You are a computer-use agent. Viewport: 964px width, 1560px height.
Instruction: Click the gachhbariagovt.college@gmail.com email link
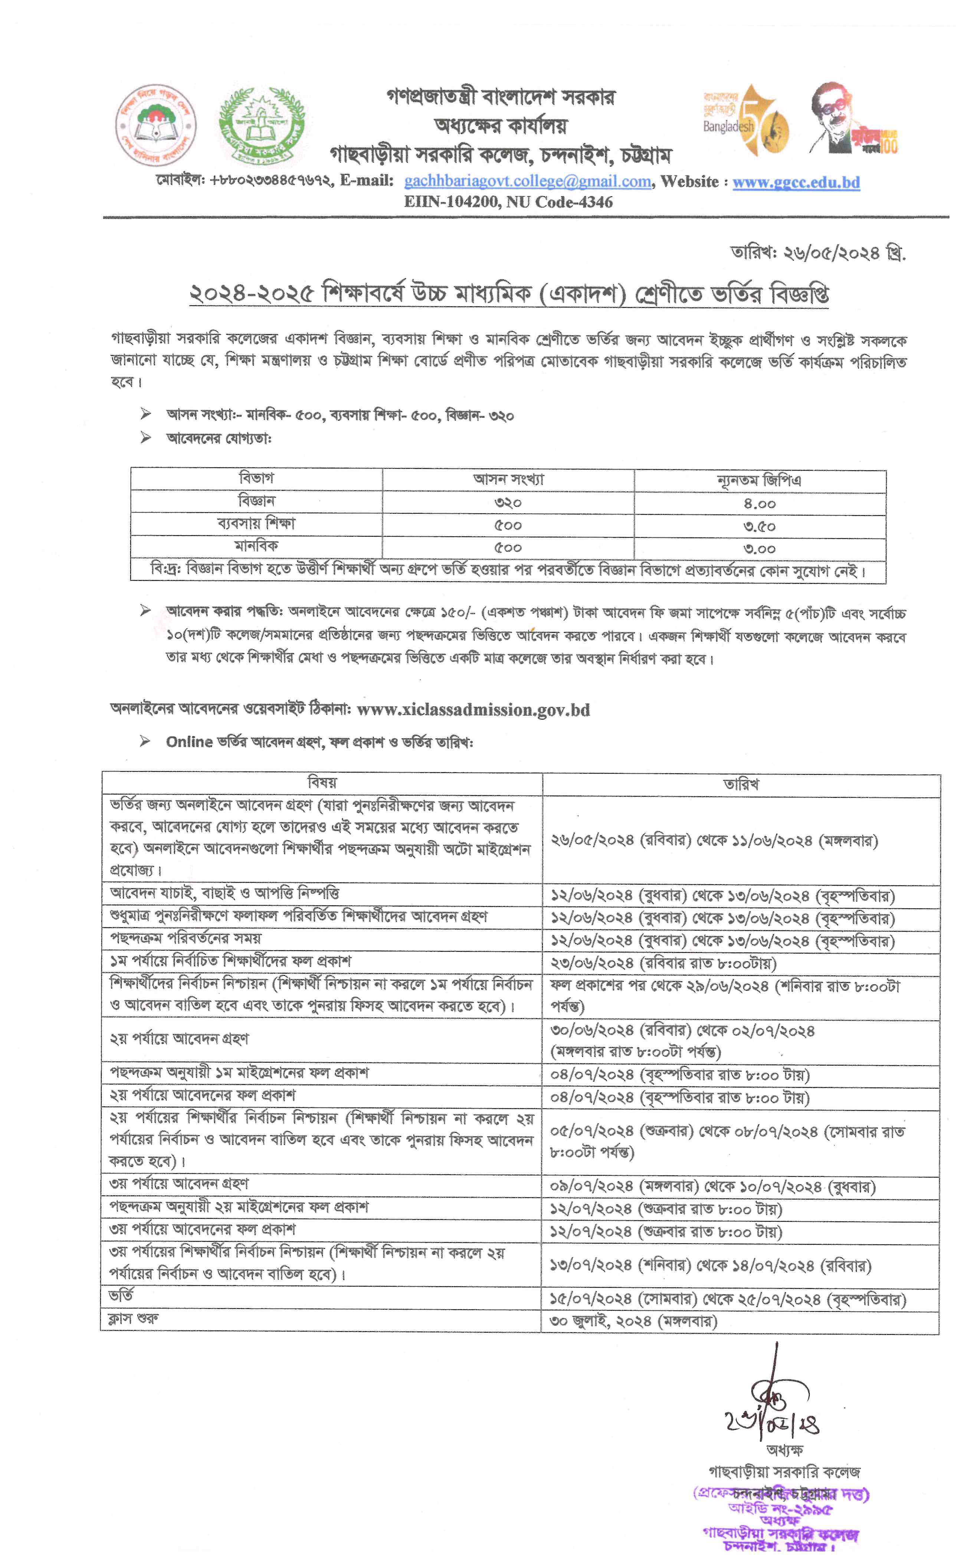(x=527, y=182)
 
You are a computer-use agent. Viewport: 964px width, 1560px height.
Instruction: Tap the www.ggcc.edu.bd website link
(x=796, y=182)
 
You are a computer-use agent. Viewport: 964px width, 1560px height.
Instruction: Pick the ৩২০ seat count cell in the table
(x=508, y=503)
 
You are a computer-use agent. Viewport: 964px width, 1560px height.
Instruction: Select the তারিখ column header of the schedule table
(x=741, y=784)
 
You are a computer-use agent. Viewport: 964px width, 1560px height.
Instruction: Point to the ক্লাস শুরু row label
(x=134, y=1317)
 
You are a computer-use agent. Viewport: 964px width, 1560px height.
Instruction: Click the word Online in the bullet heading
(x=189, y=742)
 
